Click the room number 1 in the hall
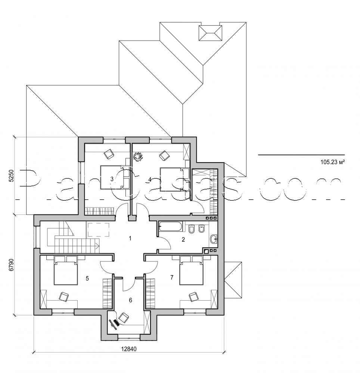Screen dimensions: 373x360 130,238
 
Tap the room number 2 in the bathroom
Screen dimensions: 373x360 183,240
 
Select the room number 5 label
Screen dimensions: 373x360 87,278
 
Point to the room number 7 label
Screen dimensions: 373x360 171,277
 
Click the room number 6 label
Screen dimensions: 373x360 130,300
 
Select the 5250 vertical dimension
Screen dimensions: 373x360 11,176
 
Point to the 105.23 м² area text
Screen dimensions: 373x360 332,162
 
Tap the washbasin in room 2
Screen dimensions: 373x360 213,239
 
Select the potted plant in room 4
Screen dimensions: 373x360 138,157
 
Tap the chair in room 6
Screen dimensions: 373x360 123,318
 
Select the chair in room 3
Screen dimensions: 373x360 109,153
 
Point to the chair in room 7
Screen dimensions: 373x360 194,297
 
